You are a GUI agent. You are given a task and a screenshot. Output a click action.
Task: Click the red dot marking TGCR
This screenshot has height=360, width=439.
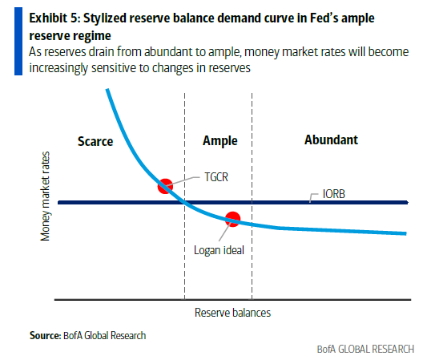point(165,186)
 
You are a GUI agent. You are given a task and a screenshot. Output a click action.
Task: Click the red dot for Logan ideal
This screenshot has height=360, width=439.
point(233,217)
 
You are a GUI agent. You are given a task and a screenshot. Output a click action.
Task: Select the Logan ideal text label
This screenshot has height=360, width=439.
point(219,249)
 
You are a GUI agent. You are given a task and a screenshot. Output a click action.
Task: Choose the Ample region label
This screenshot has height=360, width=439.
point(219,141)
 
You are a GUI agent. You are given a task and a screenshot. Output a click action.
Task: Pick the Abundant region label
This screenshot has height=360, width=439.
point(331,140)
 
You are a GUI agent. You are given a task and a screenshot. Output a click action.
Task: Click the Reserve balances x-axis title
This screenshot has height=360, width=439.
point(232,312)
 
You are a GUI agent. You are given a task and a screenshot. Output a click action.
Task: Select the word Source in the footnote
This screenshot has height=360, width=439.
point(44,335)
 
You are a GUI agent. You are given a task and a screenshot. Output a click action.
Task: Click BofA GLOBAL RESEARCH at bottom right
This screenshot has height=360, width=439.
point(364,349)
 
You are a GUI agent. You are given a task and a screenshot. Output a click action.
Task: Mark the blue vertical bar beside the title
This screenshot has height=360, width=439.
point(18,38)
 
